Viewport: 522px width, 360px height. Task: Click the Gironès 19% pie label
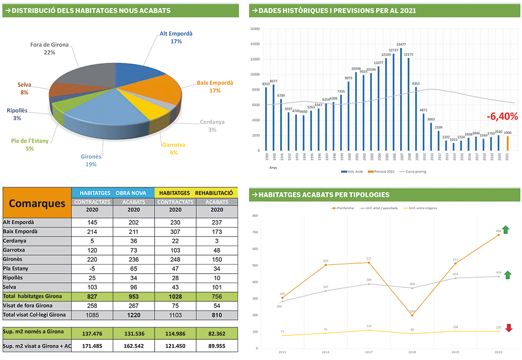pos(91,160)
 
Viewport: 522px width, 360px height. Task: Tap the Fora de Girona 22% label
pos(49,48)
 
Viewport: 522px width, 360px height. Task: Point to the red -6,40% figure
pos(502,116)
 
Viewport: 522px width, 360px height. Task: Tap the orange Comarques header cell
pos(37,203)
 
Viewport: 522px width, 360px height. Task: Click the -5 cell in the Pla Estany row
pos(92,269)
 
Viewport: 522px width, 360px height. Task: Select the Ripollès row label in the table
pos(14,278)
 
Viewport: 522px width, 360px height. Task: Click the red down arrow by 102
pos(509,328)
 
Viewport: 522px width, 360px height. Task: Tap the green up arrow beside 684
pos(506,230)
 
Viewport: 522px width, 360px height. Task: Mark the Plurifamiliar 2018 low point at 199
pos(412,315)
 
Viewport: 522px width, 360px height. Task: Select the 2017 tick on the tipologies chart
pos(369,352)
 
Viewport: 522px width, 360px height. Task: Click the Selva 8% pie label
pos(24,88)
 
